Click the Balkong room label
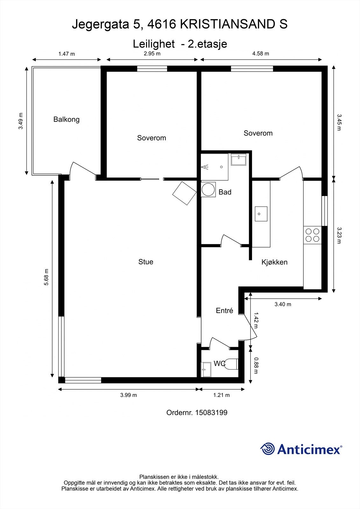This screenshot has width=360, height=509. click(67, 120)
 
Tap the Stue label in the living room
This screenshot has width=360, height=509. click(146, 262)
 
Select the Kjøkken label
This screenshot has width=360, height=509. click(274, 262)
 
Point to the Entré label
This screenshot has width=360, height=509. click(224, 310)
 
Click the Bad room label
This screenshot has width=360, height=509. click(225, 192)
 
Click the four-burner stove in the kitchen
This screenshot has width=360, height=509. click(312, 235)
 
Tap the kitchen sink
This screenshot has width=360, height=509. click(261, 214)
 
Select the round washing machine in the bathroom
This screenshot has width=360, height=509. click(208, 190)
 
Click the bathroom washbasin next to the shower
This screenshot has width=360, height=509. click(238, 159)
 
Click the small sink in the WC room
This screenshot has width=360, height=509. click(206, 369)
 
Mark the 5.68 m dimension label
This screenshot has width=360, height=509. click(46, 277)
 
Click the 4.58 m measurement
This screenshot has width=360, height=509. click(261, 54)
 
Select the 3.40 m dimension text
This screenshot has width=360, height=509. click(283, 304)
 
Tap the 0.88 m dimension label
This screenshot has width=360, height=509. click(256, 366)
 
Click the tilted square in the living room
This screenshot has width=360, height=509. click(184, 193)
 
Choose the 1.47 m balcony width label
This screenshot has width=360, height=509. click(67, 54)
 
